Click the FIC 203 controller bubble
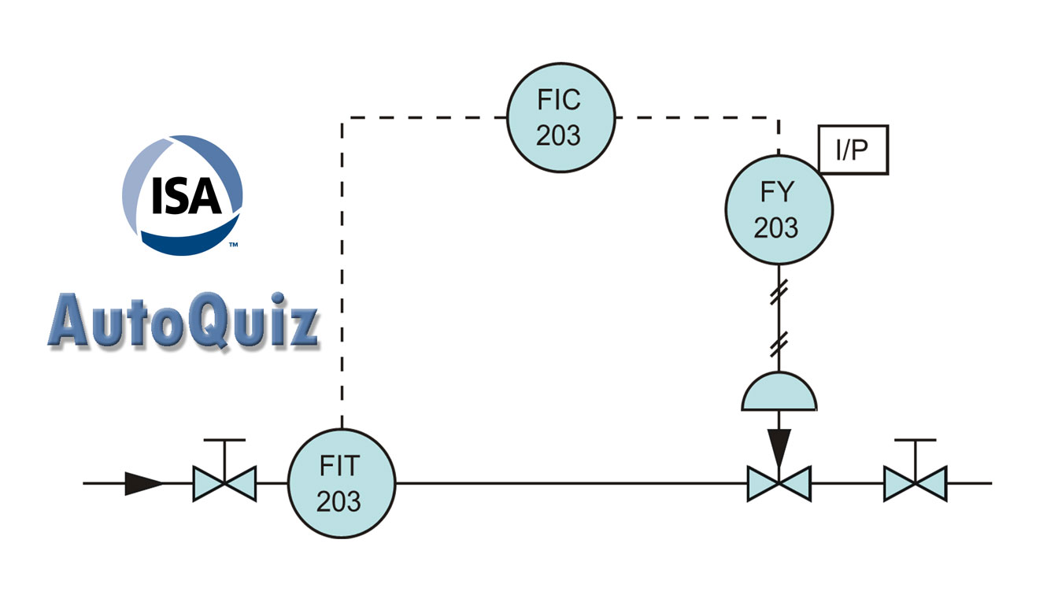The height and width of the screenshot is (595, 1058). pyautogui.click(x=559, y=118)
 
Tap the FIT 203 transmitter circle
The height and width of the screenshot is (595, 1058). pyautogui.click(x=340, y=483)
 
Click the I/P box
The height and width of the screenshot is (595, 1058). pyautogui.click(x=853, y=149)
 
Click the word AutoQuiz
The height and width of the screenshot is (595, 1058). pyautogui.click(x=182, y=322)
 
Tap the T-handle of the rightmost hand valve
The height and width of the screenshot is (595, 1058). pyautogui.click(x=915, y=441)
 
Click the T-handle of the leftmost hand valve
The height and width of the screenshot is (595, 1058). pyautogui.click(x=224, y=441)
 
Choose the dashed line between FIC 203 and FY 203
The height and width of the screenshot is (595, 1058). pyautogui.click(x=693, y=119)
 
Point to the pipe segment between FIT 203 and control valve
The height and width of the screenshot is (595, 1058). pyautogui.click(x=567, y=483)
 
